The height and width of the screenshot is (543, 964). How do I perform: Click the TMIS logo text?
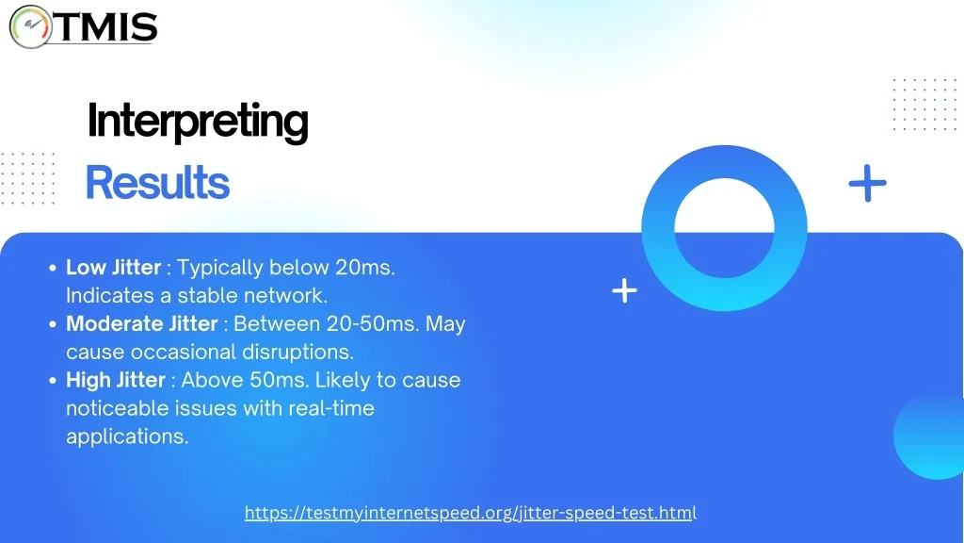tap(109, 27)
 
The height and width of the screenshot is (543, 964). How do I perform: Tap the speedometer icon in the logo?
tap(31, 26)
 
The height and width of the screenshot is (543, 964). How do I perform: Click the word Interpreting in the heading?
tap(198, 122)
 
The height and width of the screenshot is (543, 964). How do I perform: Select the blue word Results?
tap(157, 182)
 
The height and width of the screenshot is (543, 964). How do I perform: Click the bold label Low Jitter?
tap(113, 267)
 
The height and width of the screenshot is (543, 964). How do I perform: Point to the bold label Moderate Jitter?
tap(142, 324)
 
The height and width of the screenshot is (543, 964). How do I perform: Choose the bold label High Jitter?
tap(116, 380)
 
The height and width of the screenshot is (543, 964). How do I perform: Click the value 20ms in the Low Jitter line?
tap(364, 267)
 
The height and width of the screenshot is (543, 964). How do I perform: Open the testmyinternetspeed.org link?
tap(471, 513)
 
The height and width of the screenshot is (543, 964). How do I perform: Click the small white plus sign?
tap(624, 290)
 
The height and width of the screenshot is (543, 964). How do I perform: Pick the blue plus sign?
tap(867, 183)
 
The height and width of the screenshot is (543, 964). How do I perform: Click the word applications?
tap(127, 436)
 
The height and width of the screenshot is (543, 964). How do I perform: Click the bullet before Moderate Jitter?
tap(53, 324)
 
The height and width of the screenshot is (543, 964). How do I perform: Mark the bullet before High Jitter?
tap(53, 381)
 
